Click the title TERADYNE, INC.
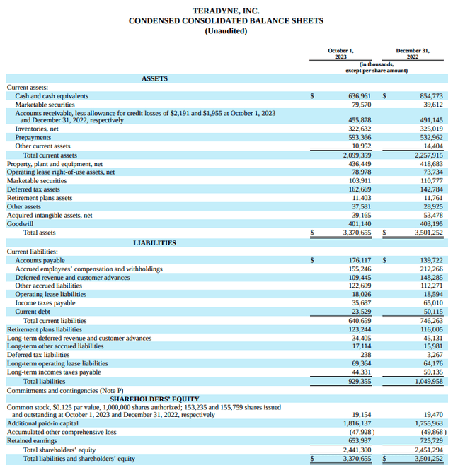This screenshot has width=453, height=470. coord(226,11)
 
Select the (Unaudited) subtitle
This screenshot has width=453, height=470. coord(226,31)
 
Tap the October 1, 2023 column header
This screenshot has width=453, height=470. coord(341,53)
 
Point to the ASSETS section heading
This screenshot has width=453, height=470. coord(154,78)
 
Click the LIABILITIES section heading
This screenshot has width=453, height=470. coord(154,242)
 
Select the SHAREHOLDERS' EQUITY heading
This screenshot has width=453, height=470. coord(154,399)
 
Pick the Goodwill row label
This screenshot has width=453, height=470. coord(20,223)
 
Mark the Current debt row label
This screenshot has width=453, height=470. coord(33,312)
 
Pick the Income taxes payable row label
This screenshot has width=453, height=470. coord(45,303)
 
